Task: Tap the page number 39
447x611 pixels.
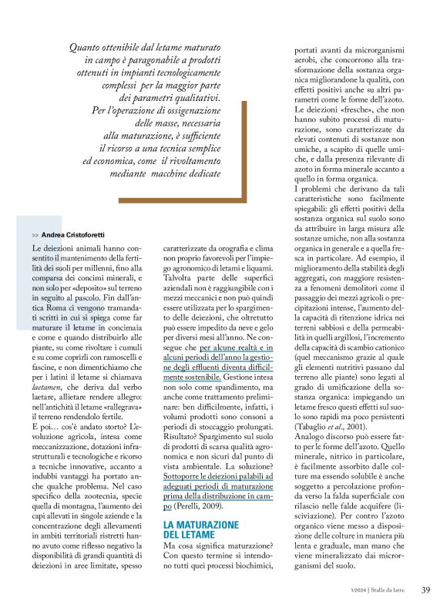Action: [425, 590]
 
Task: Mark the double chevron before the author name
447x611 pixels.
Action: [36, 233]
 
